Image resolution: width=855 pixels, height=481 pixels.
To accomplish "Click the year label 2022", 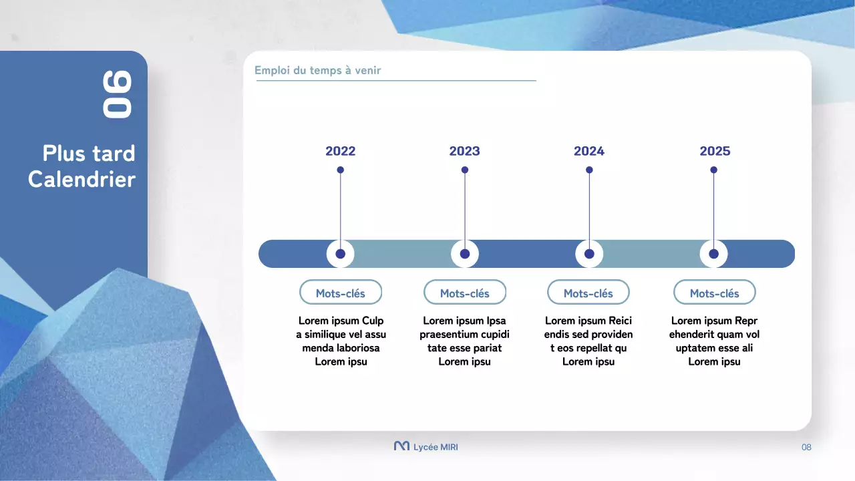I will (340, 151).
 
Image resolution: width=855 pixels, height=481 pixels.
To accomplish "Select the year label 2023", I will (464, 151).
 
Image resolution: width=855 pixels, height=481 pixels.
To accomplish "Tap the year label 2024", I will (588, 151).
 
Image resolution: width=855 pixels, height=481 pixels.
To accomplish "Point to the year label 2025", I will (715, 151).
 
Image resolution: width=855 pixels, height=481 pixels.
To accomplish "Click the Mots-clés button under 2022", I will (341, 293).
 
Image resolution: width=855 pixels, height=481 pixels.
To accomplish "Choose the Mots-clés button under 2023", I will (465, 293).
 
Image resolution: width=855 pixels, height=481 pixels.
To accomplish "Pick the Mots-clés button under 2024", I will (588, 293).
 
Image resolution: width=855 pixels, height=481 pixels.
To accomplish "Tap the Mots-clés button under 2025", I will (714, 293).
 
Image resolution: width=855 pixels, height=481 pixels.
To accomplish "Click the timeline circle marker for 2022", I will (341, 254).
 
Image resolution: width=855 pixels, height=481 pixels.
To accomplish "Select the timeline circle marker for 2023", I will (465, 254).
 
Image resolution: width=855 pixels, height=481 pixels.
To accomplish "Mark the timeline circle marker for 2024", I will (589, 254).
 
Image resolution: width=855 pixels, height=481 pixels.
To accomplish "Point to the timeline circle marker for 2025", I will (713, 254).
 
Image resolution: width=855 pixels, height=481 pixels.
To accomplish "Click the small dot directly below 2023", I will (465, 170).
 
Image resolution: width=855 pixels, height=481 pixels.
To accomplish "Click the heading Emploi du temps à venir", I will (318, 71).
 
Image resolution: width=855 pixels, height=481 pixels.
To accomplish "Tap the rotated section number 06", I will (118, 95).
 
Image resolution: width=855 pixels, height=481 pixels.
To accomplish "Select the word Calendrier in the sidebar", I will (81, 180).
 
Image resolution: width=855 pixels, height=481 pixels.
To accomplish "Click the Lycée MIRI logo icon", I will (401, 446).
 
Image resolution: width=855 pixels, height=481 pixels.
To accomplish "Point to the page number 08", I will (806, 447).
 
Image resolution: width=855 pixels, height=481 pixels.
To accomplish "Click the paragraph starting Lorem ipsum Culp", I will (341, 341).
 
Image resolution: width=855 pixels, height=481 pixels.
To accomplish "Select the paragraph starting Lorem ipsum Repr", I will (714, 341).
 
